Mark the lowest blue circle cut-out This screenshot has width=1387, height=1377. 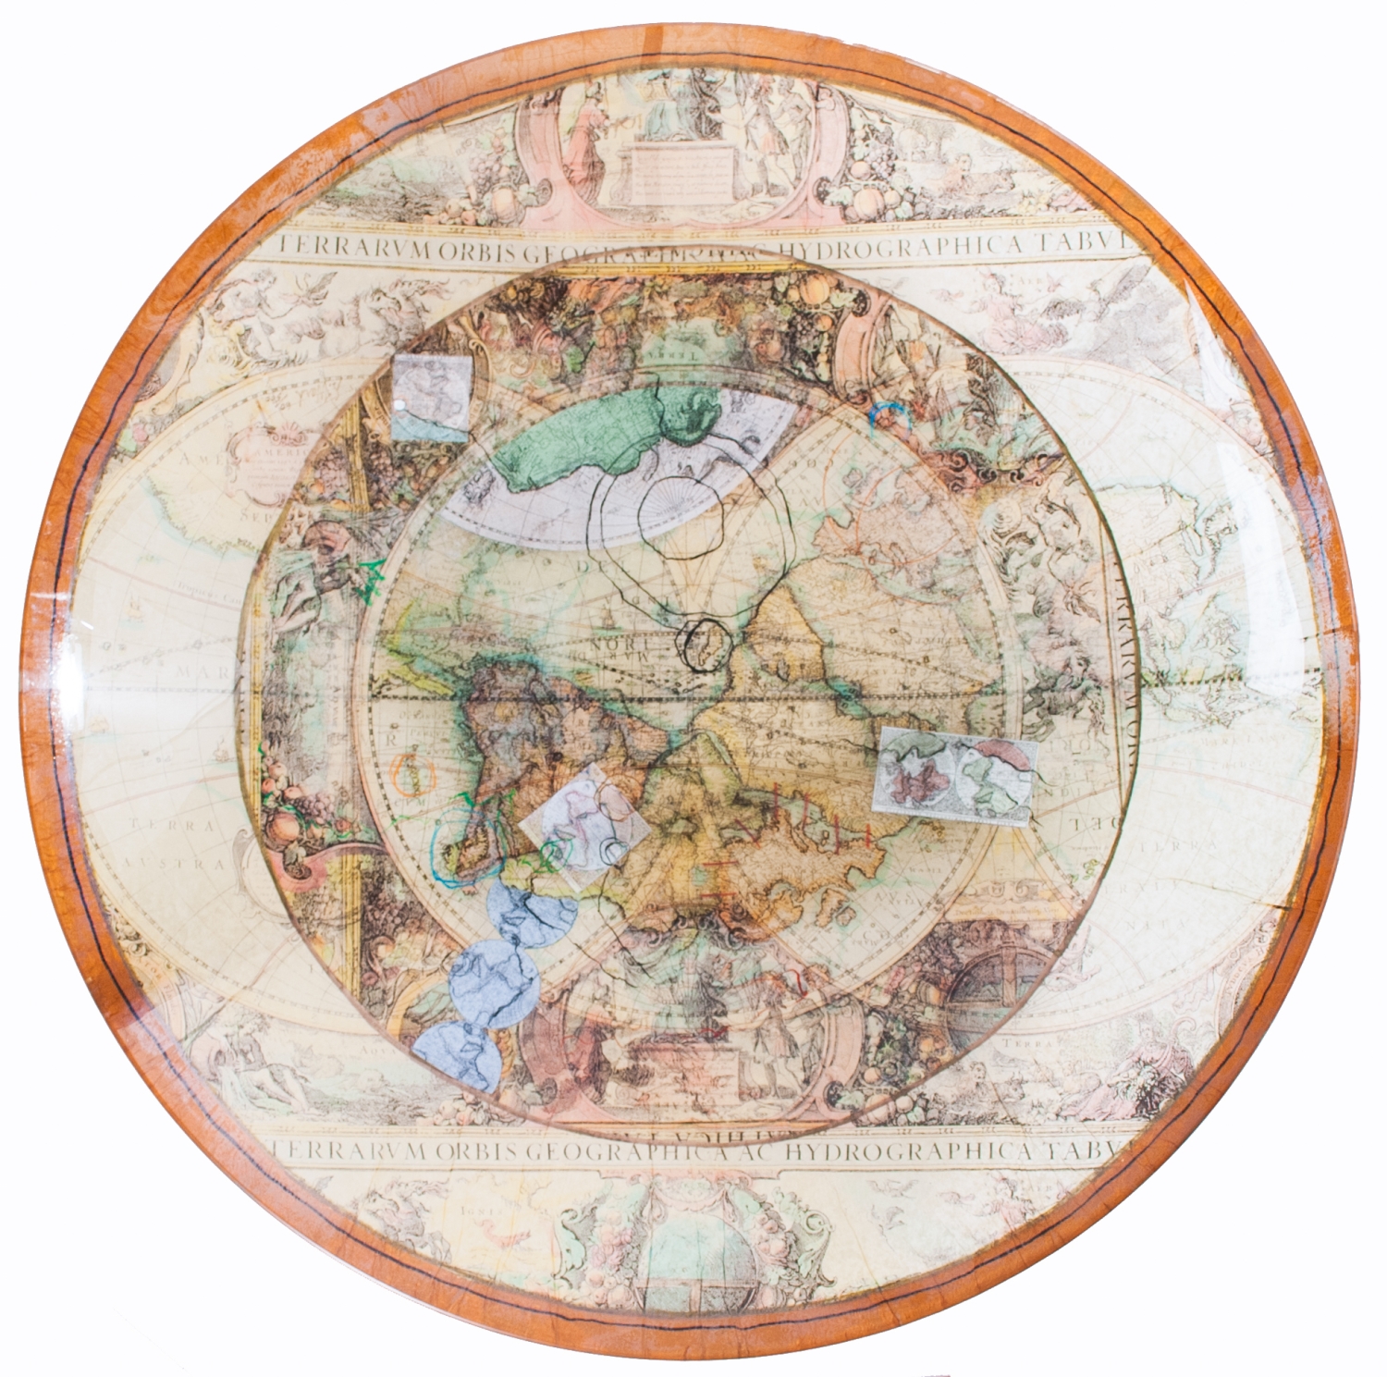tap(455, 1057)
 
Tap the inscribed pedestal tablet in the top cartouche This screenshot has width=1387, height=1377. tap(681, 169)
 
